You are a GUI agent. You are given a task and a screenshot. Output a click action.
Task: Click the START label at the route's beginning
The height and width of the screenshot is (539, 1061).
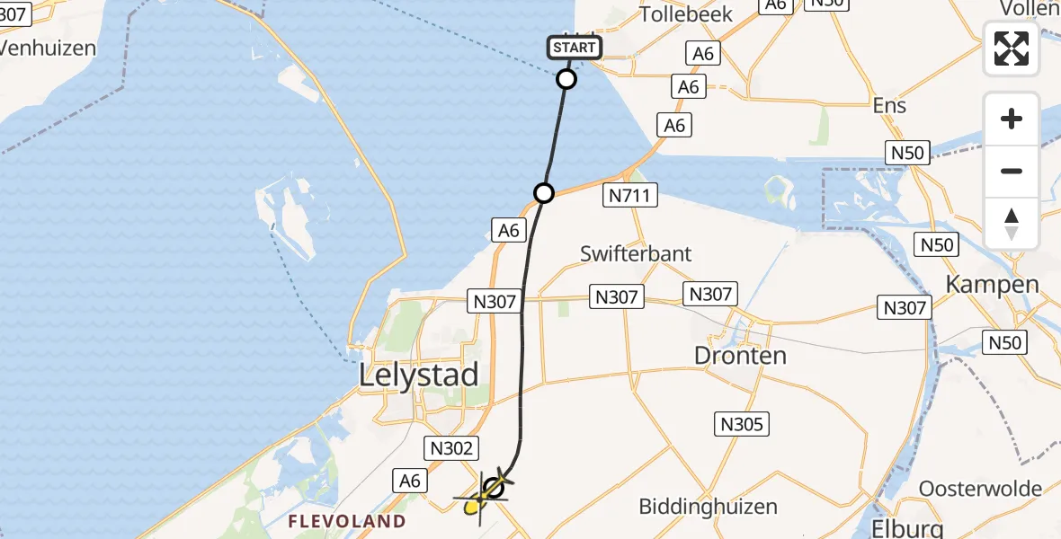click(x=574, y=48)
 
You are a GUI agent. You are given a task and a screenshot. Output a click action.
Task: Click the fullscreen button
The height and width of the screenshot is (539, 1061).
click(x=1012, y=49)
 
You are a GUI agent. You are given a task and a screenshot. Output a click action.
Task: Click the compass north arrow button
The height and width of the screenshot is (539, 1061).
click(x=1012, y=224)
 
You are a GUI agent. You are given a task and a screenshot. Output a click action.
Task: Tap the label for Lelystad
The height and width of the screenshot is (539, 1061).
click(x=419, y=375)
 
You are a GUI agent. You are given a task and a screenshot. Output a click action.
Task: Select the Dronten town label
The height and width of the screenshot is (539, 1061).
click(x=740, y=355)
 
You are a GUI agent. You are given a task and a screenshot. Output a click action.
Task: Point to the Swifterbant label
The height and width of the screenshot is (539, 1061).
click(x=636, y=253)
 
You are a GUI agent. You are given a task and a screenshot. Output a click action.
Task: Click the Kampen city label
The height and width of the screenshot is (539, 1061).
click(x=992, y=285)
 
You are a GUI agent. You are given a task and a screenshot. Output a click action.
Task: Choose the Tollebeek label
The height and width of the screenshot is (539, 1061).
click(x=686, y=14)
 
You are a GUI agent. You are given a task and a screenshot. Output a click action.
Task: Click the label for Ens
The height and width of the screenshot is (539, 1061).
click(x=889, y=105)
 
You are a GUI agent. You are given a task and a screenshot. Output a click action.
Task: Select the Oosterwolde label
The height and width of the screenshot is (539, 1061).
click(x=980, y=490)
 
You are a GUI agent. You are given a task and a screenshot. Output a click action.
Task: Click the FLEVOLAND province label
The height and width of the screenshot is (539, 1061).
click(x=346, y=521)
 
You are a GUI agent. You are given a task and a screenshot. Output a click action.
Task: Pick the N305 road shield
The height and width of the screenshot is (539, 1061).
click(x=742, y=424)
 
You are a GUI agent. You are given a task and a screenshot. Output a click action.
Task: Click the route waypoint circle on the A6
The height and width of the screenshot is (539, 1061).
click(x=544, y=192)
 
